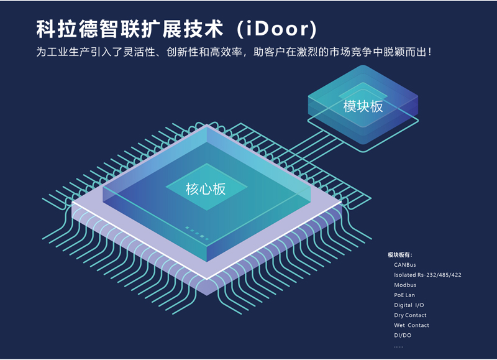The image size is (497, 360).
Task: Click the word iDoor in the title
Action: [x=277, y=29]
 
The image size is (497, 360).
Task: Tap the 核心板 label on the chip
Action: [x=206, y=189]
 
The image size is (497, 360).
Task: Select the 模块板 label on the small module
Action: [x=363, y=106]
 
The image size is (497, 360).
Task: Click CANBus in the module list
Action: [x=405, y=265]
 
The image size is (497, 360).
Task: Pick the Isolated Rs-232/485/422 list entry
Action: [x=427, y=275]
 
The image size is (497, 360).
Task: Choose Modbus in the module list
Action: [x=405, y=285]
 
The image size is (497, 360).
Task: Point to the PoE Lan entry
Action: [x=404, y=295]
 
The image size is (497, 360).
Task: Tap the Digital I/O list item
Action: [x=409, y=305]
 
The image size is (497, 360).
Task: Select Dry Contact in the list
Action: [x=410, y=315]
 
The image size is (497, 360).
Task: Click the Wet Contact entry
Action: [x=411, y=325]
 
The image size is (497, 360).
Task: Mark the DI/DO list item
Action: [x=403, y=335]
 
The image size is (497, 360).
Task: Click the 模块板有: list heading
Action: [x=400, y=255]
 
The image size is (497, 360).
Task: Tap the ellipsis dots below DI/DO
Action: [x=399, y=347]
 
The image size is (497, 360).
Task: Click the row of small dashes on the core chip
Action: [x=197, y=233]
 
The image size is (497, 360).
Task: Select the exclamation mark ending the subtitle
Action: [x=429, y=52]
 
